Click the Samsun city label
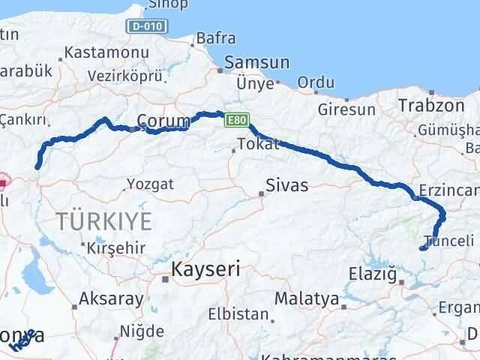tap(256, 63)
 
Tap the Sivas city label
tap(287, 185)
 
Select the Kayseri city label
tap(205, 270)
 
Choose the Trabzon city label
tap(432, 105)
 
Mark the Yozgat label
tap(150, 184)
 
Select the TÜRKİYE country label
tap(104, 220)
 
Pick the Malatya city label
tap(306, 298)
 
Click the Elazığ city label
tap(372, 274)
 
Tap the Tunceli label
tap(449, 241)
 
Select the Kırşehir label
tap(114, 247)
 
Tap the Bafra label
tap(215, 38)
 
